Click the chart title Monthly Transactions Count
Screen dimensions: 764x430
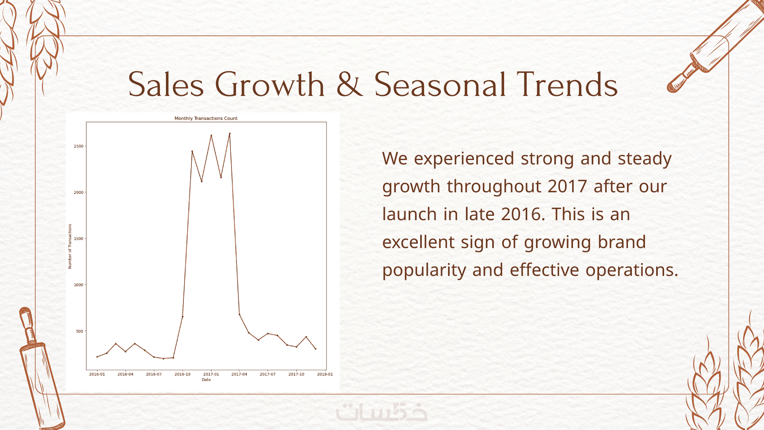tap(206, 118)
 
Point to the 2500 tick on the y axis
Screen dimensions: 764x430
tap(78, 146)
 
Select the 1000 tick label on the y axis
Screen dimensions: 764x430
tap(78, 285)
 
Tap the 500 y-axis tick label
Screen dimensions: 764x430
tap(80, 331)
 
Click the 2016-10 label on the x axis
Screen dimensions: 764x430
tap(182, 374)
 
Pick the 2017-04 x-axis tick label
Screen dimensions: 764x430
tap(239, 374)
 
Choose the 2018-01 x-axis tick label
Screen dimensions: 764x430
tap(325, 374)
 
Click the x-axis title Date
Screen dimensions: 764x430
tap(206, 380)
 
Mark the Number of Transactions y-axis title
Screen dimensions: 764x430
tap(70, 246)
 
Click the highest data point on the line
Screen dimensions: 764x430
tap(230, 133)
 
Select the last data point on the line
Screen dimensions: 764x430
tap(316, 349)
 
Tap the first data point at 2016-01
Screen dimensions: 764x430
tap(97, 357)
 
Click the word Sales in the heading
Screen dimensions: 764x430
tap(166, 84)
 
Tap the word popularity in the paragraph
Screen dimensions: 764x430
tap(424, 271)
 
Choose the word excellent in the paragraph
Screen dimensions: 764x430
tap(418, 242)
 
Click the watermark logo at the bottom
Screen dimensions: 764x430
tap(382, 412)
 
